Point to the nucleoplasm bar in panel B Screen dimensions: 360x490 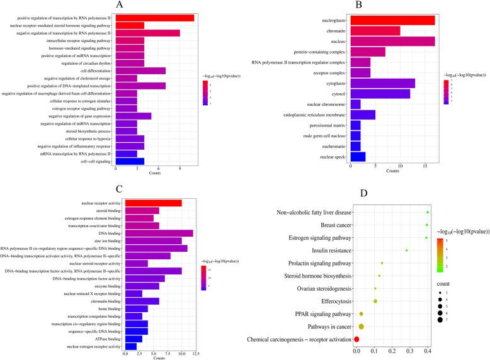(392, 20)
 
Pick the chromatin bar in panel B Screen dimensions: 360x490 (375, 31)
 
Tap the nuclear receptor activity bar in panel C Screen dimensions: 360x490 (153, 202)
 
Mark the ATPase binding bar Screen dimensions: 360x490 (134, 339)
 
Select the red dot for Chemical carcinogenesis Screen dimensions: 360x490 (356, 339)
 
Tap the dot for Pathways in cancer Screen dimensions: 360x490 (362, 327)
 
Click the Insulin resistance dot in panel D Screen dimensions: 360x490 (407, 250)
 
